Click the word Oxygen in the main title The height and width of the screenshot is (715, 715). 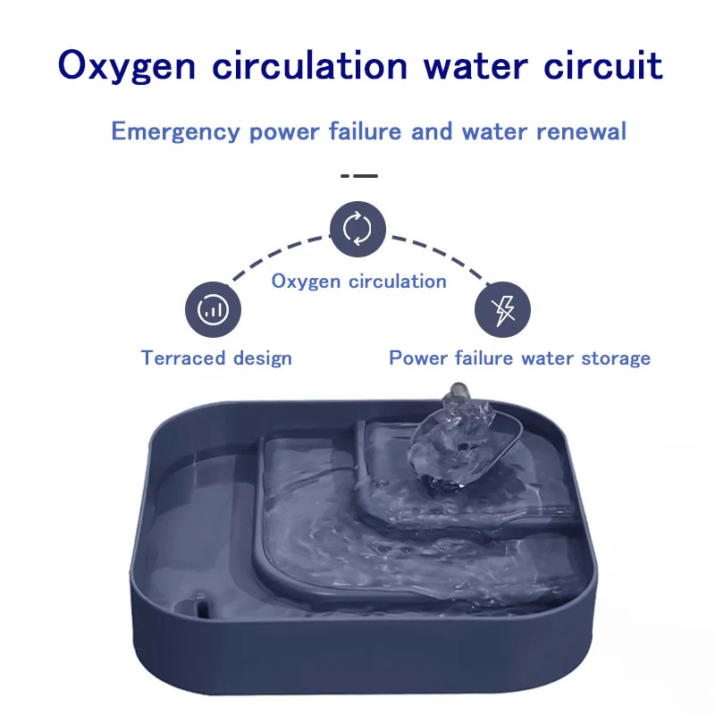[127, 66]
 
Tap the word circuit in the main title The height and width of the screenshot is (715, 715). [602, 65]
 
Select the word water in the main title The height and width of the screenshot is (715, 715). [475, 66]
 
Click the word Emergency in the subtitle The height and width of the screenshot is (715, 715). [175, 132]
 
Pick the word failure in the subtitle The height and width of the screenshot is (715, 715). [365, 131]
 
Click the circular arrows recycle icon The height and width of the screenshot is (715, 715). [357, 229]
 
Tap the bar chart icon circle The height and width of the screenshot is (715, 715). [213, 309]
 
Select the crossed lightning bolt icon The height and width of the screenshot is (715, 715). [502, 309]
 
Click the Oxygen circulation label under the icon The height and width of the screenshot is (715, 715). [359, 282]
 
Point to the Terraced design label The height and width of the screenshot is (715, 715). [216, 358]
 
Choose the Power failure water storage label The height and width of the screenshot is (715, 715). [520, 358]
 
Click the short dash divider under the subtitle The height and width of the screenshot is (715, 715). [359, 175]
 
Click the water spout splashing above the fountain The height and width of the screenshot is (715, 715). [458, 438]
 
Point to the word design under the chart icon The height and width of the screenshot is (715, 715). [262, 359]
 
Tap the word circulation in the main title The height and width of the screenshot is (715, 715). [309, 66]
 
